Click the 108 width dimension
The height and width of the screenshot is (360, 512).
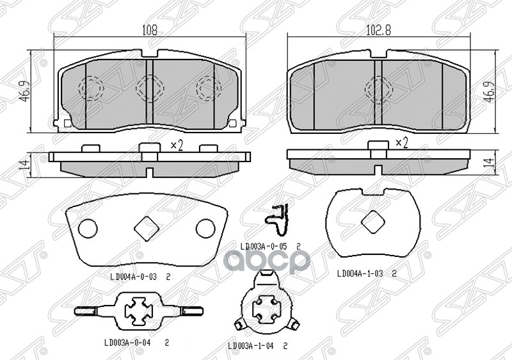150,30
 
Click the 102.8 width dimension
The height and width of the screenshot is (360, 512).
378,30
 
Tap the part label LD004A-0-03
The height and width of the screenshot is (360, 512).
133,277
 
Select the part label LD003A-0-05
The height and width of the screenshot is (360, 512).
264,247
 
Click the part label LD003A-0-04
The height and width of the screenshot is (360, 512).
128,343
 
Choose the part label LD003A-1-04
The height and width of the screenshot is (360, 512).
252,346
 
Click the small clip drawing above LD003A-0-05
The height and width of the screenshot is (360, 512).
277,219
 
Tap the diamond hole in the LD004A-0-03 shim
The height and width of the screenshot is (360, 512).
147,227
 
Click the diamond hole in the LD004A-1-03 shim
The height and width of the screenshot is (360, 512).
373,222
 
